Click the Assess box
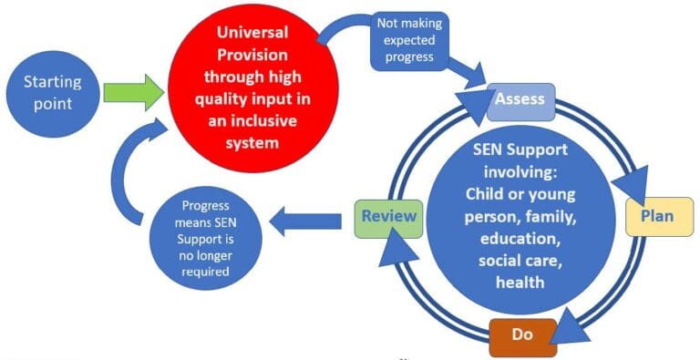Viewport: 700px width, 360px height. click(x=520, y=98)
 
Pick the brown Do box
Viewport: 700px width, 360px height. click(x=521, y=334)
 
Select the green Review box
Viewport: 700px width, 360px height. click(x=388, y=216)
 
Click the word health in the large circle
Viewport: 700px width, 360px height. click(x=520, y=283)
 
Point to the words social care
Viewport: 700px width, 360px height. click(x=520, y=261)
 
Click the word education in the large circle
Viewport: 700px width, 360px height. click(x=520, y=239)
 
